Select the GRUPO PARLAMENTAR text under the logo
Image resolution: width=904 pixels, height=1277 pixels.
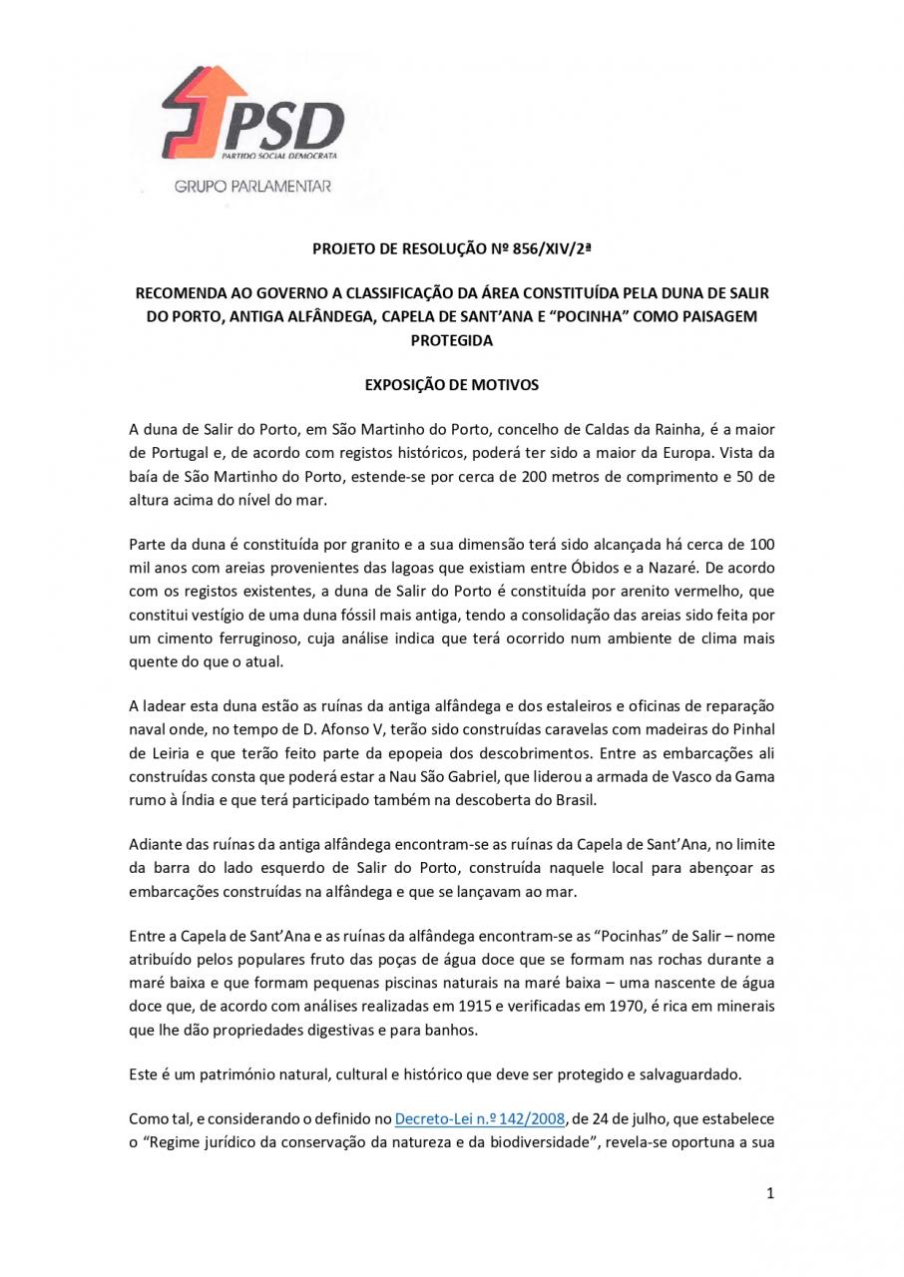point(252,187)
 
